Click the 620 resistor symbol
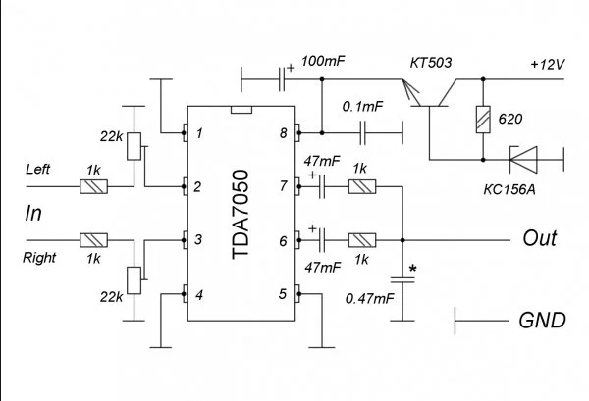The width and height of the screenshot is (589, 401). [x=482, y=120]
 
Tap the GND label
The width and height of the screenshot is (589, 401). [x=542, y=319]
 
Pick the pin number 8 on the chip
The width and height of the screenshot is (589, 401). [x=283, y=132]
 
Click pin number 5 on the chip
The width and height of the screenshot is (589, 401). [x=283, y=292]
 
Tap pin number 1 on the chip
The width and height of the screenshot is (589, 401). [x=199, y=132]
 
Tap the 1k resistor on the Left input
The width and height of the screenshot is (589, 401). [x=93, y=184]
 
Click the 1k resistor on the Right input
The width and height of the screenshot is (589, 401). [x=93, y=238]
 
